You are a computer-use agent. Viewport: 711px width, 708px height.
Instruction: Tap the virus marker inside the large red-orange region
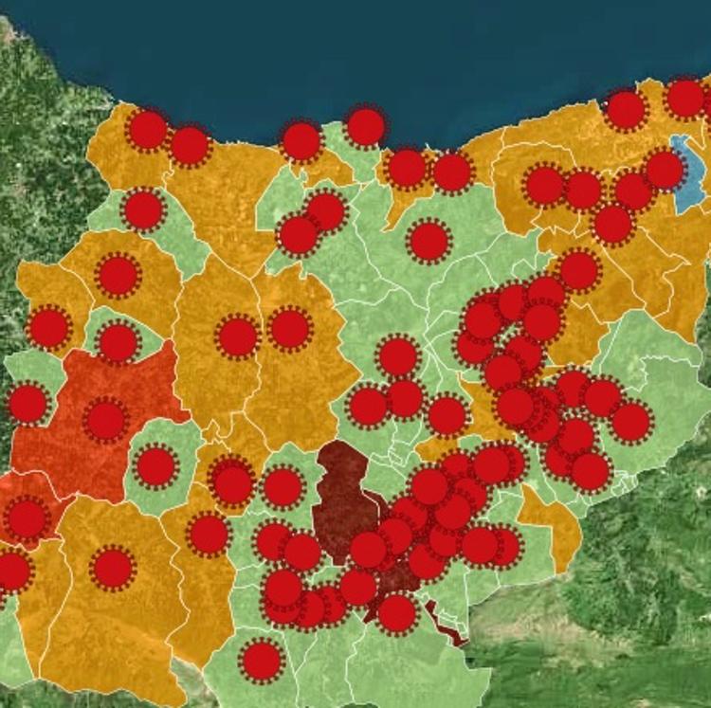pos(105,420)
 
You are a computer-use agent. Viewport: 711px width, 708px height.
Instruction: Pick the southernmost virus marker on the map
pos(262,661)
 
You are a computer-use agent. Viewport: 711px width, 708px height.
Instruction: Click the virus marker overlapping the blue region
pos(665,170)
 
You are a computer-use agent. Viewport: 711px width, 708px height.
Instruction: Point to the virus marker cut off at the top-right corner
pos(685,99)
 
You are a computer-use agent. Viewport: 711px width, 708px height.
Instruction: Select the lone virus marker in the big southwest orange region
pos(113,569)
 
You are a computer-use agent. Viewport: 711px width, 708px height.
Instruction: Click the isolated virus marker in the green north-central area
pos(428,241)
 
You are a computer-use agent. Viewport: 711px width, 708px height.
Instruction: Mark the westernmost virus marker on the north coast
pos(148,130)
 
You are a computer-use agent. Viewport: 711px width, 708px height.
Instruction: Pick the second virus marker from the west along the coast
pos(190,145)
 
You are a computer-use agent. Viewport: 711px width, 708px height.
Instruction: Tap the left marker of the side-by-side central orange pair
pos(238,336)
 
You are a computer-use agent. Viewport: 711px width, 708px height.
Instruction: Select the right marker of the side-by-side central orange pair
pos(290,329)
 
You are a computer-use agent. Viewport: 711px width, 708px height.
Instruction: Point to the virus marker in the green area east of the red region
pos(156,466)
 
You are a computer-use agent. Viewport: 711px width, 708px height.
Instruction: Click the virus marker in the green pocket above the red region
pos(118,342)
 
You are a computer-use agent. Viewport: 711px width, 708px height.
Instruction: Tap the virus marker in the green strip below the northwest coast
pos(143,209)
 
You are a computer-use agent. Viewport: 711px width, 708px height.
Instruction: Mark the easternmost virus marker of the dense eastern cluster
pos(631,422)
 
